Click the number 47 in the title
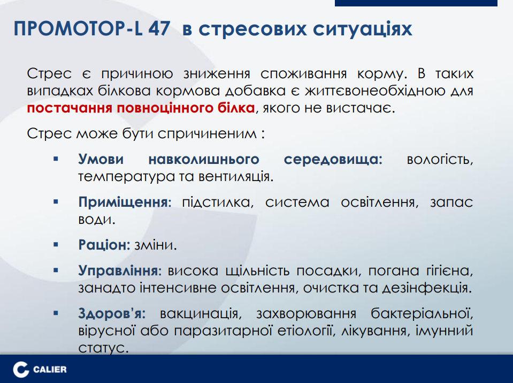pos(159,29)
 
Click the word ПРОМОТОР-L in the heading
pos(78,29)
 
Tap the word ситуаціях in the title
pos(362,29)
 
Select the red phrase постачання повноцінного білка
pos(141,108)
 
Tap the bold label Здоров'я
pos(112,313)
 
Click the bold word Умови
pos(101,159)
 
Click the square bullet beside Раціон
pos(56,244)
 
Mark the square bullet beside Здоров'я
pos(56,313)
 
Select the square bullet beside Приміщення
pos(56,202)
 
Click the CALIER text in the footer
pos(50,370)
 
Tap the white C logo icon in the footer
pos(20,370)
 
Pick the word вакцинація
pos(201,314)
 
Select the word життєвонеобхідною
pos(373,91)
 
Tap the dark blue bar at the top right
pos(416,3)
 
